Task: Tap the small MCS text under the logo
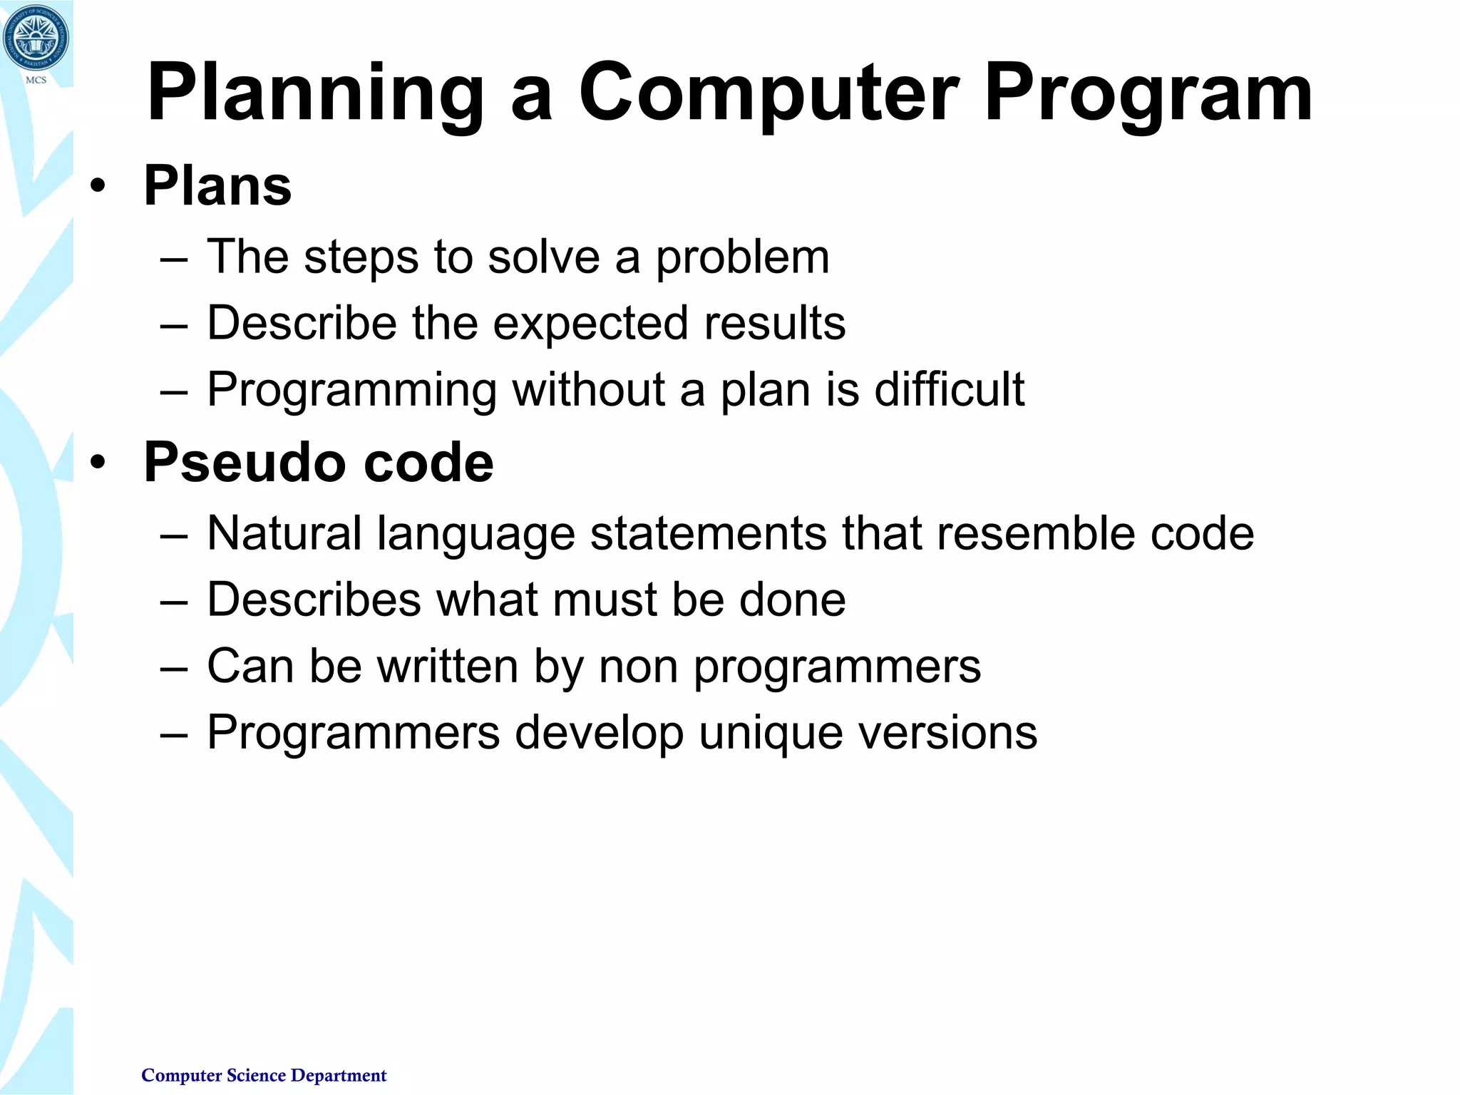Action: point(36,80)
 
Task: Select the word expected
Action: point(590,324)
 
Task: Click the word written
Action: point(447,667)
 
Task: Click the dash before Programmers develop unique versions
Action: point(174,734)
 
